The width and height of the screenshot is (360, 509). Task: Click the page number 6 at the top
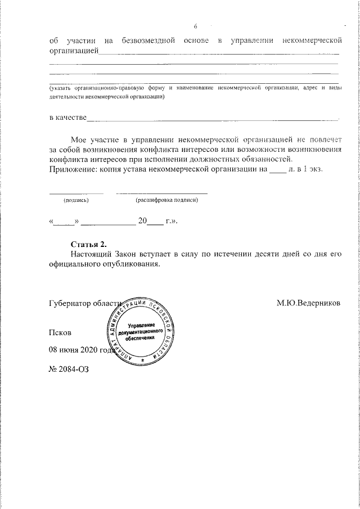click(195, 27)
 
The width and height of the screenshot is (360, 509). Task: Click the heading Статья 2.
click(88, 244)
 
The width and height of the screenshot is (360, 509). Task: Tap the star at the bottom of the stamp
click(143, 359)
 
